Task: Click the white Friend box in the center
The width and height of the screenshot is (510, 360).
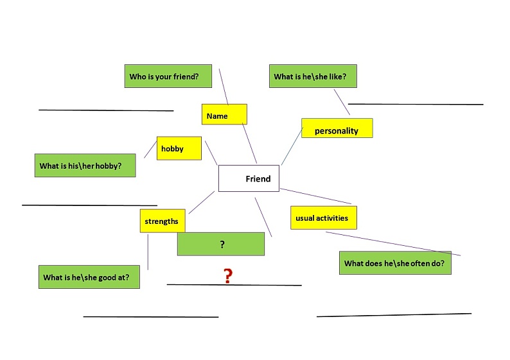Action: pos(249,178)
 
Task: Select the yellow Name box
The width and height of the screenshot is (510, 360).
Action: pos(224,114)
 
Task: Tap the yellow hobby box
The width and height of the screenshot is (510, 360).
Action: pos(179,148)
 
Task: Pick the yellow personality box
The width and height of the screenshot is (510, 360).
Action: pos(337,128)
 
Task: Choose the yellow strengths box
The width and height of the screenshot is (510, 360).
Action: pos(163,221)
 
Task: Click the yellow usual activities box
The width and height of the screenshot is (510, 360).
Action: pos(324,218)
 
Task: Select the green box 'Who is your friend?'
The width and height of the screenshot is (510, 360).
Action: pos(168,76)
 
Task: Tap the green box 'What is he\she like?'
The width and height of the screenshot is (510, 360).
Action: pos(313,76)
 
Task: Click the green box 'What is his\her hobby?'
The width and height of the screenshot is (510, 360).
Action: pos(85,166)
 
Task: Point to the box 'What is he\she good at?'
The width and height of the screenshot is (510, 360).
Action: pos(89,277)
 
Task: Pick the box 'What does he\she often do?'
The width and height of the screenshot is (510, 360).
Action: pos(395,263)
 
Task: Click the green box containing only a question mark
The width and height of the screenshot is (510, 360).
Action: pos(221,244)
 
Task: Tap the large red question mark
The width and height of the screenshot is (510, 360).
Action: pos(228,276)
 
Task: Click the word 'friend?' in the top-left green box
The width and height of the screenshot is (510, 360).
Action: pos(186,76)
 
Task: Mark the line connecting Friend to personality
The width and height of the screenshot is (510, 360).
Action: pos(292,146)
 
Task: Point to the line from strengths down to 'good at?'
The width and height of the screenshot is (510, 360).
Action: pos(148,252)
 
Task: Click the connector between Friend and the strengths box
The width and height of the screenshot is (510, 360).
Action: pos(202,202)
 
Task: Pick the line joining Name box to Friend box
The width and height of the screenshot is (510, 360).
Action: pos(249,143)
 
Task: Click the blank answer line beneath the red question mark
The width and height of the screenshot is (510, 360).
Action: pos(234,285)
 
